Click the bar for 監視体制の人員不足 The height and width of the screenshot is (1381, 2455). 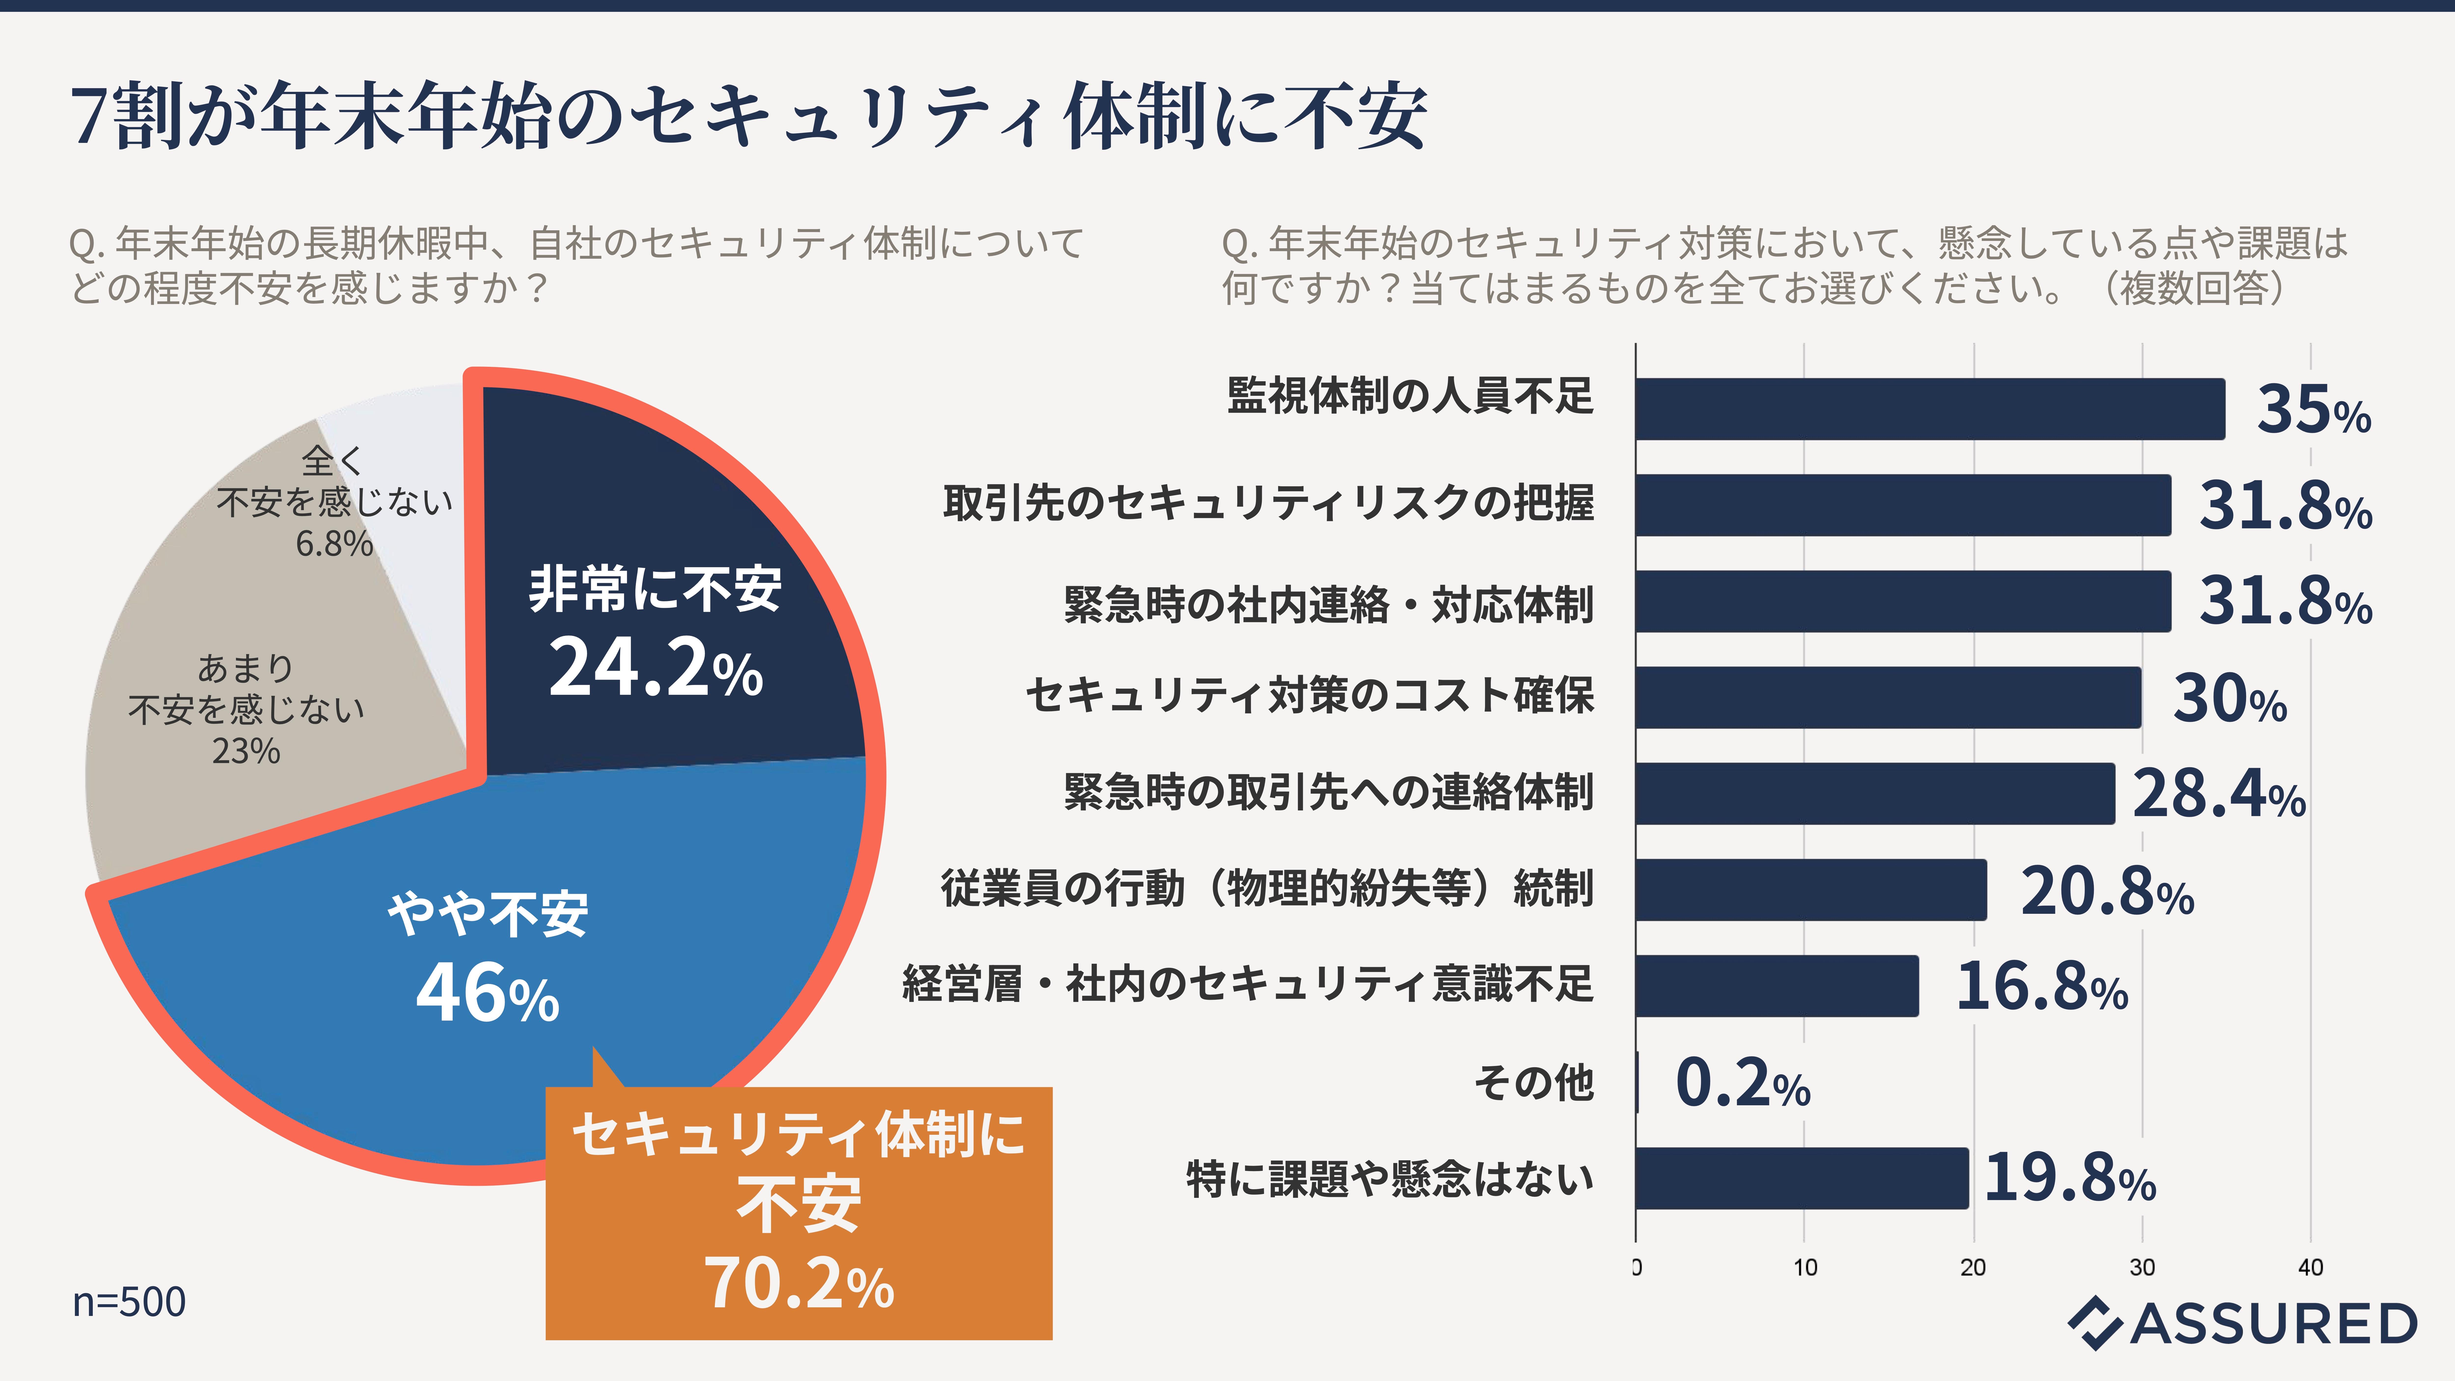coord(1930,409)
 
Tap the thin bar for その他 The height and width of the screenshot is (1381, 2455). coord(1637,1082)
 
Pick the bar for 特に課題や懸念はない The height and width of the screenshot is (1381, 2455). coord(1801,1178)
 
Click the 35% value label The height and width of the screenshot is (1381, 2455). coord(2313,411)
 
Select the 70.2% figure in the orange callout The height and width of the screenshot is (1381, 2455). coord(799,1284)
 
